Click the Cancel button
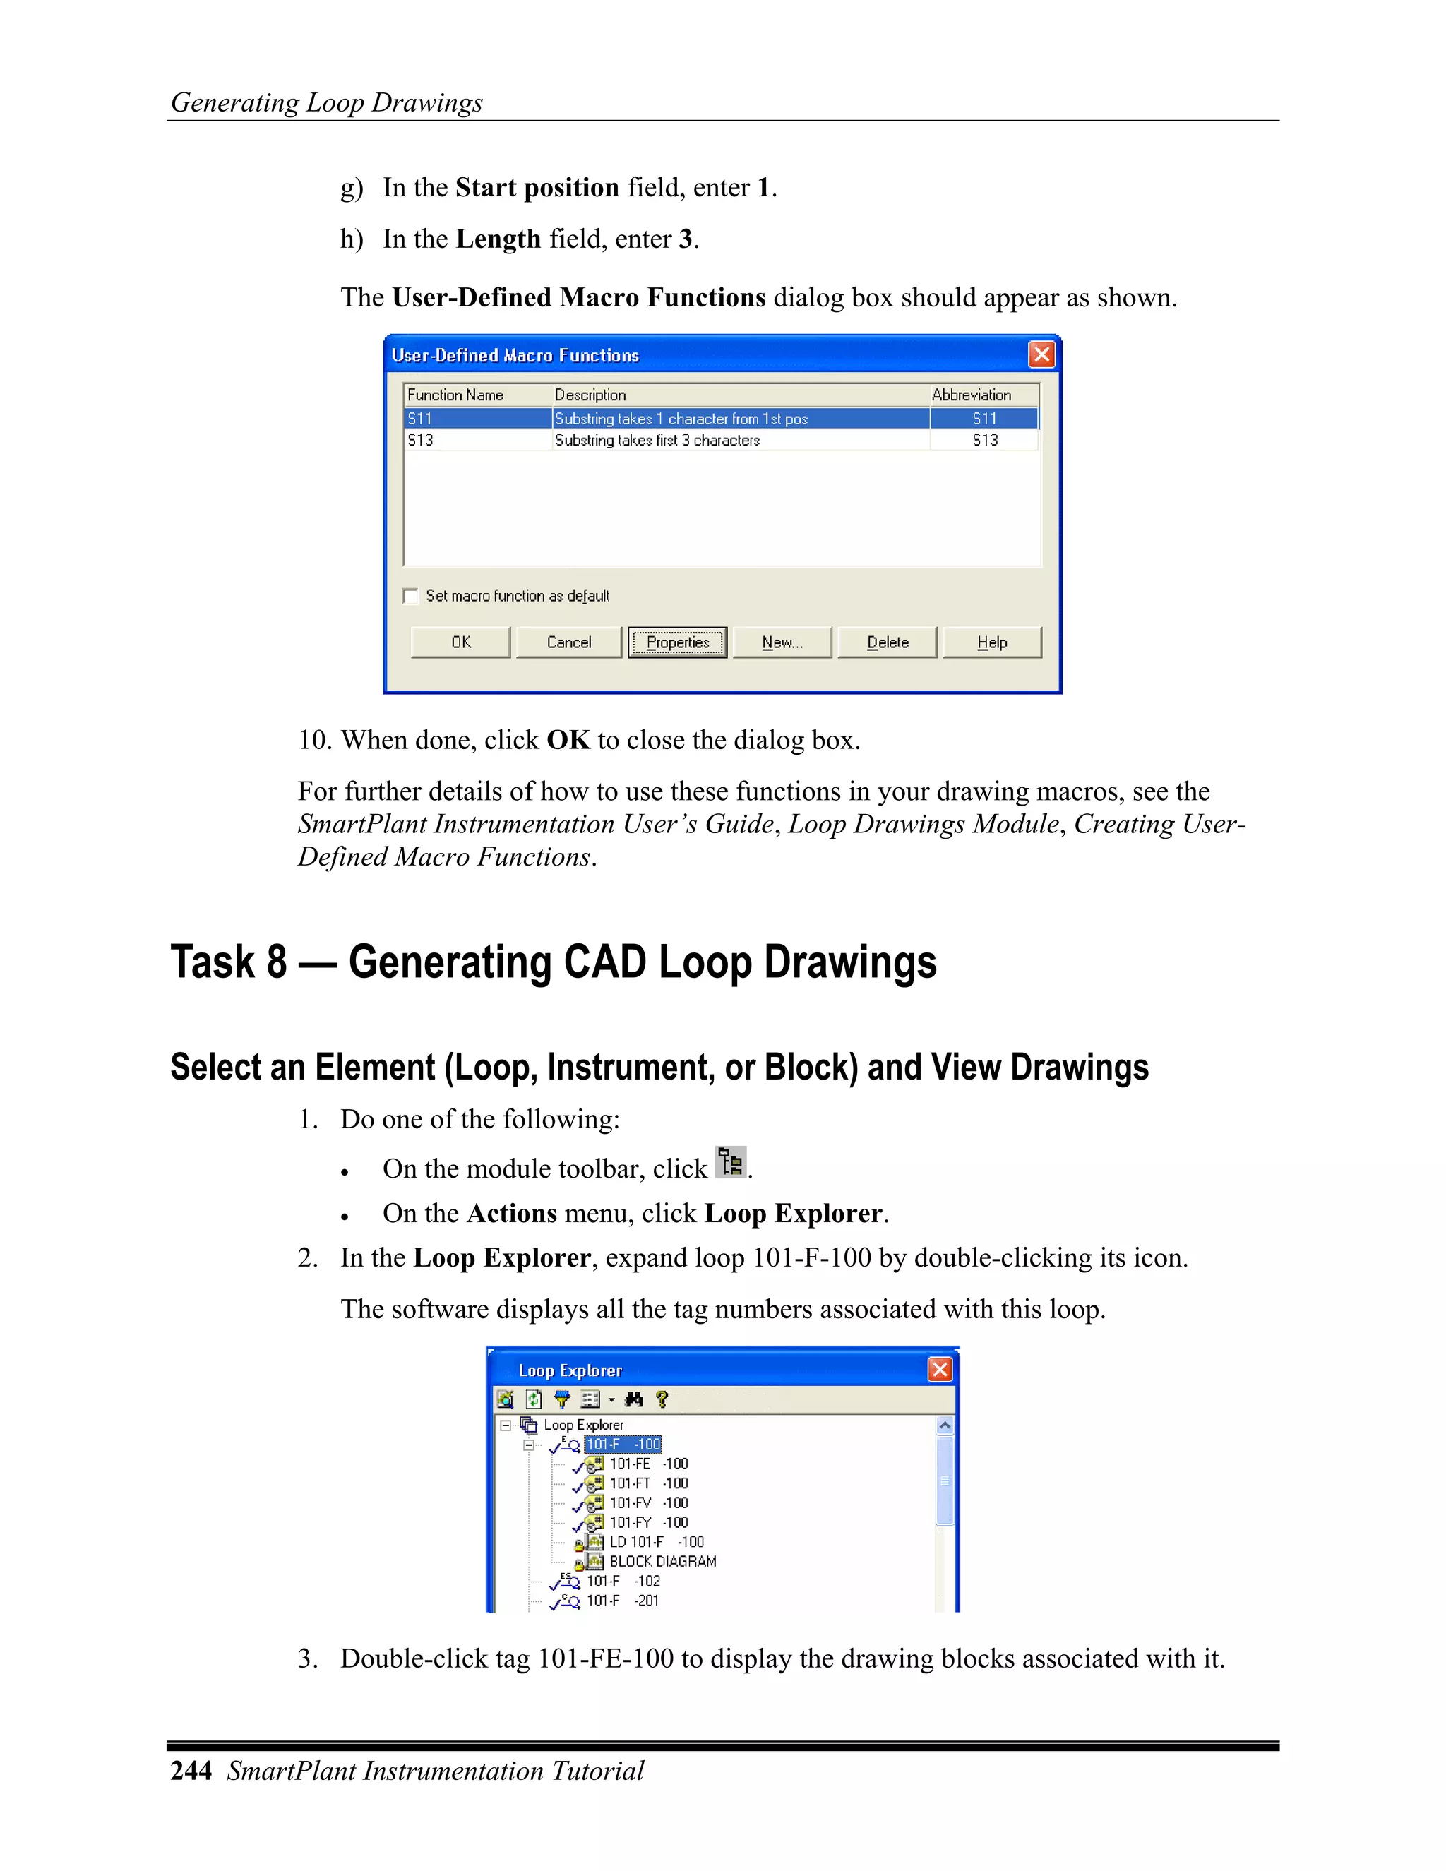[569, 642]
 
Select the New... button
[782, 642]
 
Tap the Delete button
[888, 642]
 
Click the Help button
[992, 642]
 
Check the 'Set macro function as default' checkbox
[411, 597]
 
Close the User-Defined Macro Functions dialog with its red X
[1041, 354]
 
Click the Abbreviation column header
[972, 395]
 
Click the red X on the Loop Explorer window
[940, 1370]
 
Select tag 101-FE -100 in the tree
[647, 1464]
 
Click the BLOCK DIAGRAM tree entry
[662, 1562]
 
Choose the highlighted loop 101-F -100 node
[623, 1445]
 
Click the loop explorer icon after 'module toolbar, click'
[731, 1163]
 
